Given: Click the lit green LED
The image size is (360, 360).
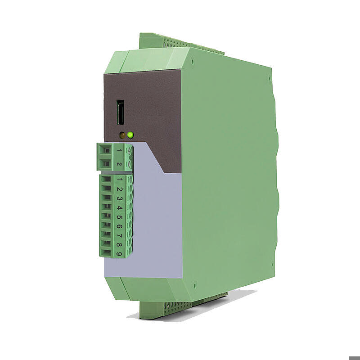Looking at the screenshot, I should (130, 134).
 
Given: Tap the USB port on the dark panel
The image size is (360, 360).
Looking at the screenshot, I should (121, 113).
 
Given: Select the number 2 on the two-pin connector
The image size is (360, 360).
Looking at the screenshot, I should (119, 164).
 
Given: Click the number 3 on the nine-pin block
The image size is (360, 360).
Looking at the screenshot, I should (119, 199).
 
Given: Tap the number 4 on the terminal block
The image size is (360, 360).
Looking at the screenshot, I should (119, 208).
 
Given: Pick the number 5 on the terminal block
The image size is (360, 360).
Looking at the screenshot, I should (119, 218).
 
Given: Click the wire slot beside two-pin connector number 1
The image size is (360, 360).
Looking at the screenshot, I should (105, 152).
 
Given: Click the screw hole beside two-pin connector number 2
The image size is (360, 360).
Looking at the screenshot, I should (129, 164).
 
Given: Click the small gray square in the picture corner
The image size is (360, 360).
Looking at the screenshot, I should (354, 358).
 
